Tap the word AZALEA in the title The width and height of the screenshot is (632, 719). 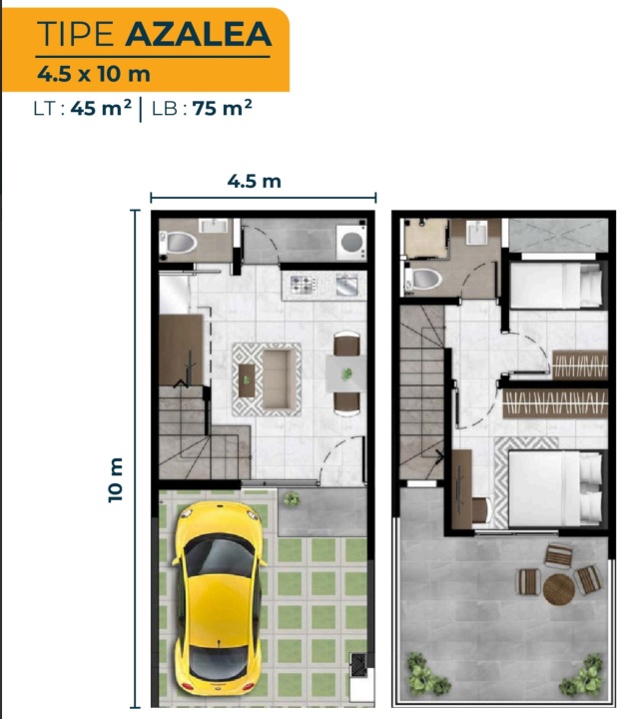[199, 34]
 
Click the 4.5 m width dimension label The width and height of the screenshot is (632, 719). [255, 181]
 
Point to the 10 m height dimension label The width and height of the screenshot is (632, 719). [116, 480]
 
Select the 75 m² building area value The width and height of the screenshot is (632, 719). [223, 108]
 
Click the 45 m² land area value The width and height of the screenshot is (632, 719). [101, 108]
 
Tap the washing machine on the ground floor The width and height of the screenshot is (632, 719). [351, 242]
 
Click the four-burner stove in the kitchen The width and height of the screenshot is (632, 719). [303, 285]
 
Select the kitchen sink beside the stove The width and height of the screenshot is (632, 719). [346, 285]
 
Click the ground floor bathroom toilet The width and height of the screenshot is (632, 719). [179, 243]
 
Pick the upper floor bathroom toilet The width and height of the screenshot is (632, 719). [423, 279]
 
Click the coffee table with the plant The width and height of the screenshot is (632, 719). [247, 380]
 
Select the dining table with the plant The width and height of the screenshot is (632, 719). [346, 373]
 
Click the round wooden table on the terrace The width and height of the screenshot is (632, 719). [559, 589]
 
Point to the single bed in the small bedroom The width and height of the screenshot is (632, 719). [556, 286]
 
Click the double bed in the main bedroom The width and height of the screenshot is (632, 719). [555, 488]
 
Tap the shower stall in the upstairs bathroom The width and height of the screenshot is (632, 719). [426, 239]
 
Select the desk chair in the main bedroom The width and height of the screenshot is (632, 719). [482, 510]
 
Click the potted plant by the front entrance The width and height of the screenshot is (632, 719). [292, 499]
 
